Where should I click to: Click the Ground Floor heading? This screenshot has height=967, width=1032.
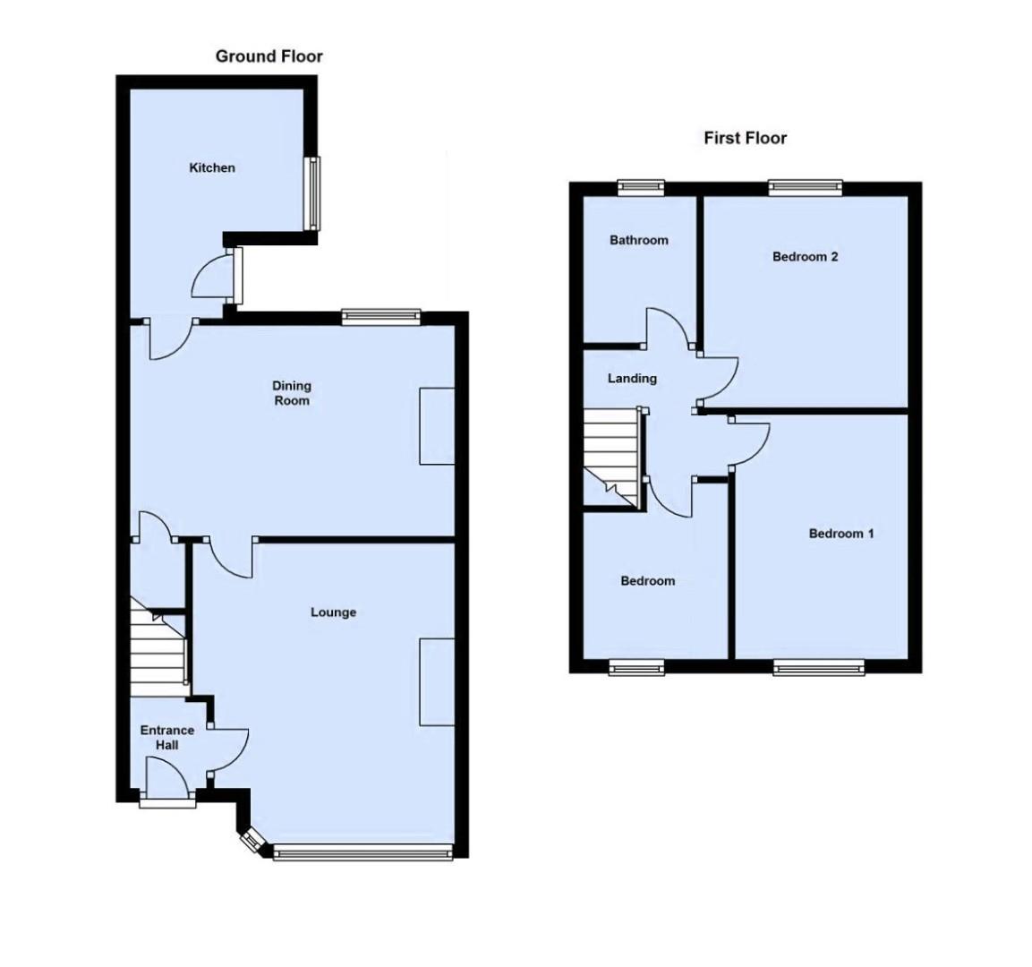point(269,56)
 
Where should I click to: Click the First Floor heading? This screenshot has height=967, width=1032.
point(745,138)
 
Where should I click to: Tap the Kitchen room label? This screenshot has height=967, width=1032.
point(212,167)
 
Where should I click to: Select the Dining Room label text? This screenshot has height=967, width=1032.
point(292,393)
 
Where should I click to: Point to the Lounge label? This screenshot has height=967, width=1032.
point(333,612)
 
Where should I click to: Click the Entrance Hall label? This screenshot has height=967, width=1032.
point(167,738)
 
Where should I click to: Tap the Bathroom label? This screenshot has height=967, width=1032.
point(638,240)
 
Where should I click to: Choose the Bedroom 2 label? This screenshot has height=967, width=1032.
point(805,257)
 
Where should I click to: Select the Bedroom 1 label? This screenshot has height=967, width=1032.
point(841,534)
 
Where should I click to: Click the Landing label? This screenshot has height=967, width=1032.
point(632,379)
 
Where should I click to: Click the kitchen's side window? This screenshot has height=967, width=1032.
point(313,193)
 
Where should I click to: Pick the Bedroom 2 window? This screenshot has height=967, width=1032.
point(806,187)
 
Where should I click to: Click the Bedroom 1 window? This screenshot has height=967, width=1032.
point(818,667)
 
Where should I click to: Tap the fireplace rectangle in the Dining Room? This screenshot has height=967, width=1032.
point(437,426)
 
